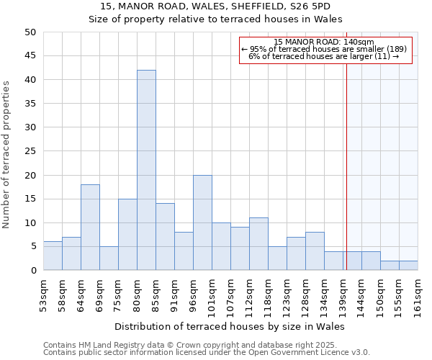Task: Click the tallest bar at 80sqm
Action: (x=146, y=170)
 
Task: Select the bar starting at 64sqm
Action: (x=90, y=228)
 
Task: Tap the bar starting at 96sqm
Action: (x=202, y=222)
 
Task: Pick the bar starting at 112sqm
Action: (x=258, y=244)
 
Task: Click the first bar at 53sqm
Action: (x=53, y=256)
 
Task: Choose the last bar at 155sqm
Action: (x=408, y=266)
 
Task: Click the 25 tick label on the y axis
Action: (x=31, y=151)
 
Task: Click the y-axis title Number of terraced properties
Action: (x=6, y=154)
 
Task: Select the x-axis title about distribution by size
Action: (x=230, y=326)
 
